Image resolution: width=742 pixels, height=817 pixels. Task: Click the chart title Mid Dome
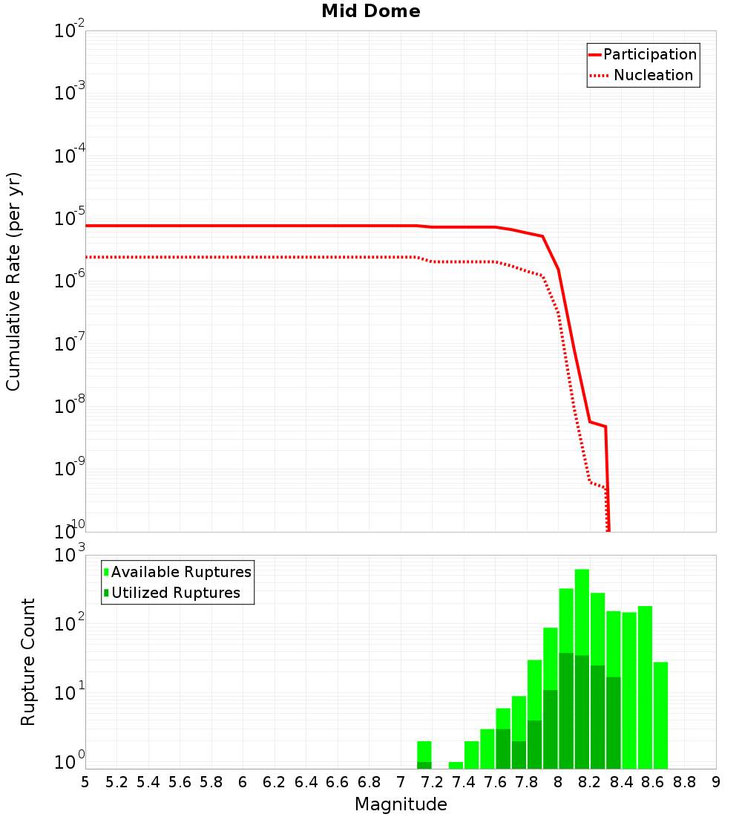(x=370, y=11)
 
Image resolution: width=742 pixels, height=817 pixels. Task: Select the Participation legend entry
(x=643, y=55)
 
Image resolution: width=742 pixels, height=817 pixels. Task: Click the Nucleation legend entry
(x=643, y=76)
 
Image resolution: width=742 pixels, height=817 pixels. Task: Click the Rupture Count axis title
(x=28, y=661)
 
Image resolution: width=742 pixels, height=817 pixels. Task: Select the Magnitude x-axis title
(x=401, y=804)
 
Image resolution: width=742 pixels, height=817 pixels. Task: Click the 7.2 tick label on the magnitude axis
(x=432, y=782)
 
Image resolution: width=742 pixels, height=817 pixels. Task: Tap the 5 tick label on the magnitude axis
(x=85, y=782)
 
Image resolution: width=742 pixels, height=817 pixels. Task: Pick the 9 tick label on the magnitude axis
(x=716, y=782)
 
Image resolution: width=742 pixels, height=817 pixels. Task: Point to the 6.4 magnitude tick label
(x=306, y=782)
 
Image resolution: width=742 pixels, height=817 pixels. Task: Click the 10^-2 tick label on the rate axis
(x=70, y=31)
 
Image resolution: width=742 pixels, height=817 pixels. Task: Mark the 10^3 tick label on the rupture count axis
(x=70, y=556)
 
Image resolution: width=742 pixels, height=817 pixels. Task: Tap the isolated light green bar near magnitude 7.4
(x=456, y=765)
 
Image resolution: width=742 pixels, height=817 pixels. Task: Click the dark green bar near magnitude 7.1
(x=424, y=765)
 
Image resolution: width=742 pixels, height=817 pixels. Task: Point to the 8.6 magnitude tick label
(x=653, y=782)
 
